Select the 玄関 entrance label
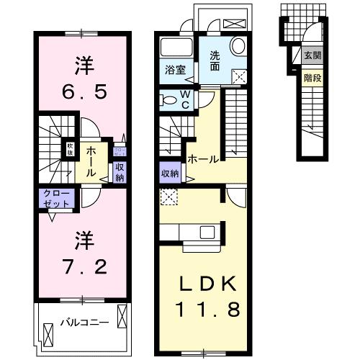[311, 55]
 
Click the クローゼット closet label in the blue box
[57, 199]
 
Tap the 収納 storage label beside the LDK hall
[170, 174]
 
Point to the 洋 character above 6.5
[81, 65]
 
